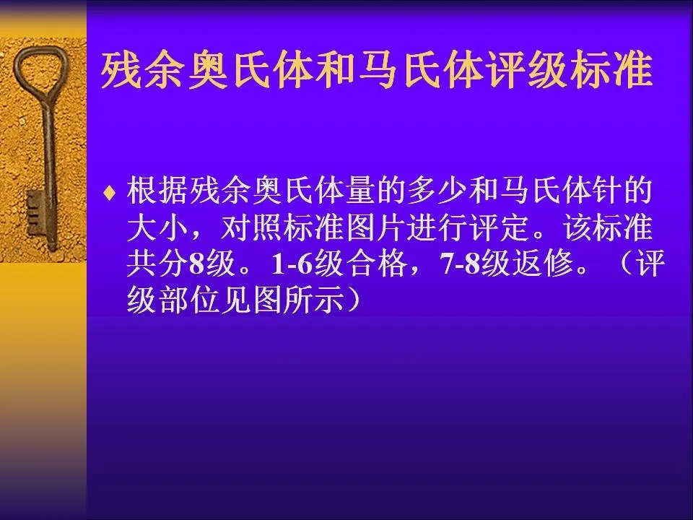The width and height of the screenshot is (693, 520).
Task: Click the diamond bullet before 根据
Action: pyautogui.click(x=109, y=194)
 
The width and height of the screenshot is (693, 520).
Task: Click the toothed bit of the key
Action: pyautogui.click(x=34, y=212)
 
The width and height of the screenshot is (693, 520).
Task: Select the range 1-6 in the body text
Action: pyautogui.click(x=292, y=264)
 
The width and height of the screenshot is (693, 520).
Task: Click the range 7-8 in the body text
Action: pyautogui.click(x=460, y=264)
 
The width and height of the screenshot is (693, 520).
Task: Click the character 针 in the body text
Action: pyautogui.click(x=605, y=191)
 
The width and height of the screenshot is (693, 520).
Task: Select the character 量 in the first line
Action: pyautogui.click(x=360, y=191)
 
